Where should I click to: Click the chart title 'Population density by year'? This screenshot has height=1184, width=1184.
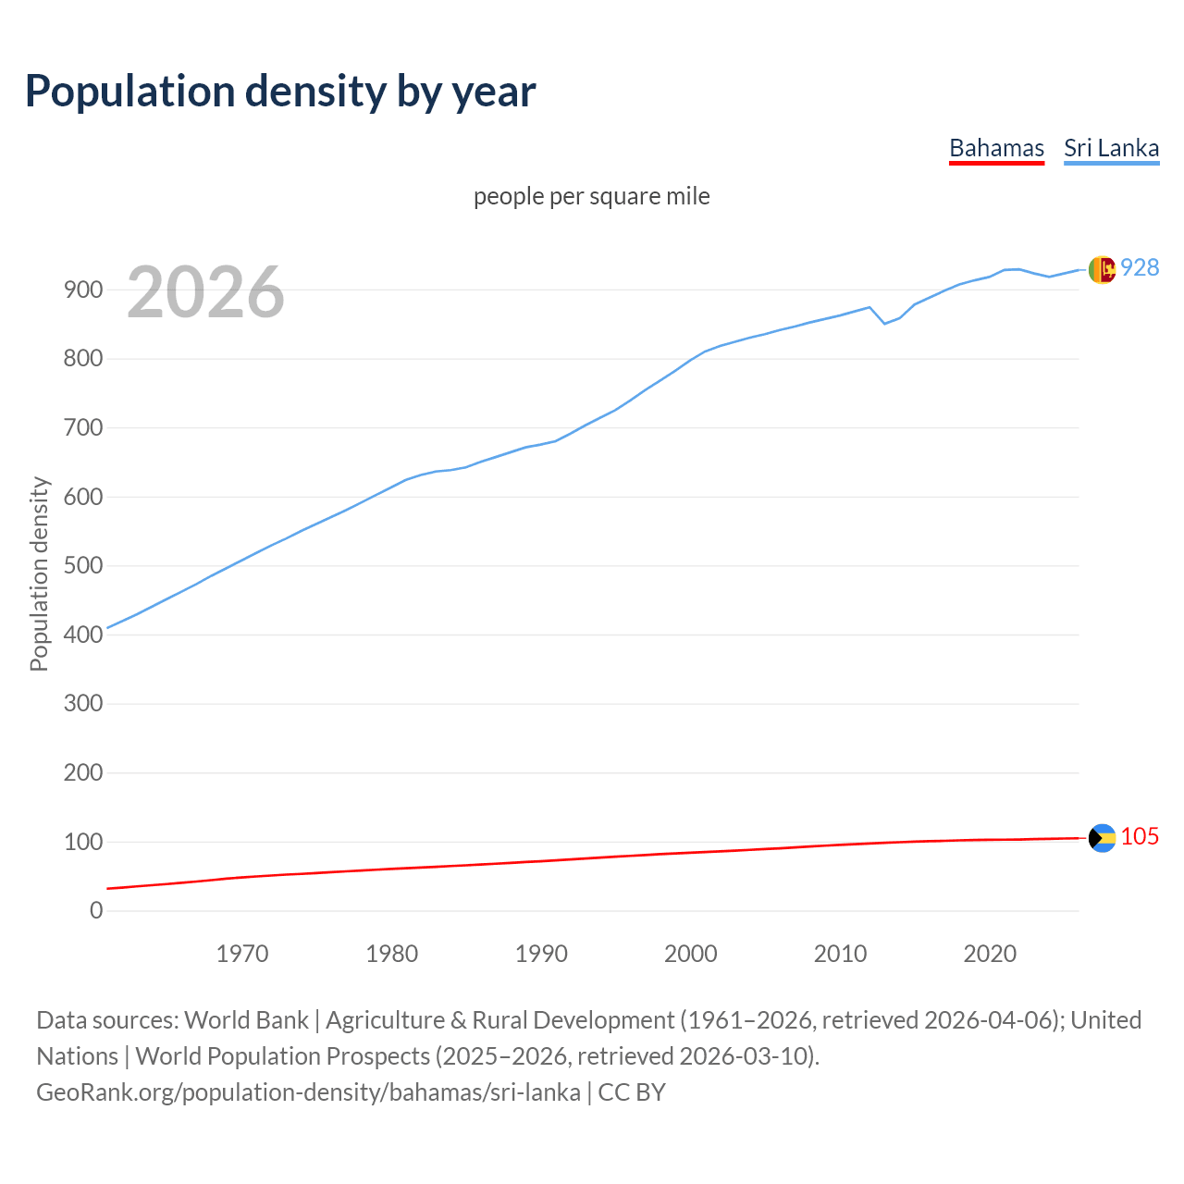[x=280, y=92]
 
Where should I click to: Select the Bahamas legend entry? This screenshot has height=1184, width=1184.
[x=996, y=148]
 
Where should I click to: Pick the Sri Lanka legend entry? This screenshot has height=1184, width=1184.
[x=1111, y=148]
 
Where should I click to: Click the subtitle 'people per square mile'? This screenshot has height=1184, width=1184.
[x=591, y=197]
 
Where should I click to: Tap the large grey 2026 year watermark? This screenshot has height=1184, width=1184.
[x=205, y=292]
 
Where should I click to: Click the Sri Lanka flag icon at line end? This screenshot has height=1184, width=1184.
[x=1102, y=269]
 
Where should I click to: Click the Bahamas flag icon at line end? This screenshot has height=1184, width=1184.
[x=1102, y=838]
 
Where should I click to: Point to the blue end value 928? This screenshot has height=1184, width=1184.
[x=1140, y=267]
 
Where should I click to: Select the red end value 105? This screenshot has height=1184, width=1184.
[x=1140, y=836]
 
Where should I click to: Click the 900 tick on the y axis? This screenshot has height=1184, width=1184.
[x=83, y=290]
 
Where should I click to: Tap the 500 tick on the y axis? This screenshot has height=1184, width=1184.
[x=83, y=565]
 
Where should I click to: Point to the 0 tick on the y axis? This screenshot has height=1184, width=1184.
[x=96, y=910]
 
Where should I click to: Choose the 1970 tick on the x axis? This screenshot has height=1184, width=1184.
[x=242, y=954]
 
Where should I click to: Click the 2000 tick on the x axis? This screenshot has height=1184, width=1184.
[x=691, y=954]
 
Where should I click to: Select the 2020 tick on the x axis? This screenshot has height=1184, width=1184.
[x=990, y=954]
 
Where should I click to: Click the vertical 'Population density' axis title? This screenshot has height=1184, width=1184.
[x=39, y=573]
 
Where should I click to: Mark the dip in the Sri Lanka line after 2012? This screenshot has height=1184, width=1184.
[x=884, y=323]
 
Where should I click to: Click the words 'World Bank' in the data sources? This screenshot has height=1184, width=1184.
[x=246, y=1020]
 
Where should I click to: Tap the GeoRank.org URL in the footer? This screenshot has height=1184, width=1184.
[x=308, y=1092]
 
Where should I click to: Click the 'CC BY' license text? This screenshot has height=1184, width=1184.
[x=632, y=1092]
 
